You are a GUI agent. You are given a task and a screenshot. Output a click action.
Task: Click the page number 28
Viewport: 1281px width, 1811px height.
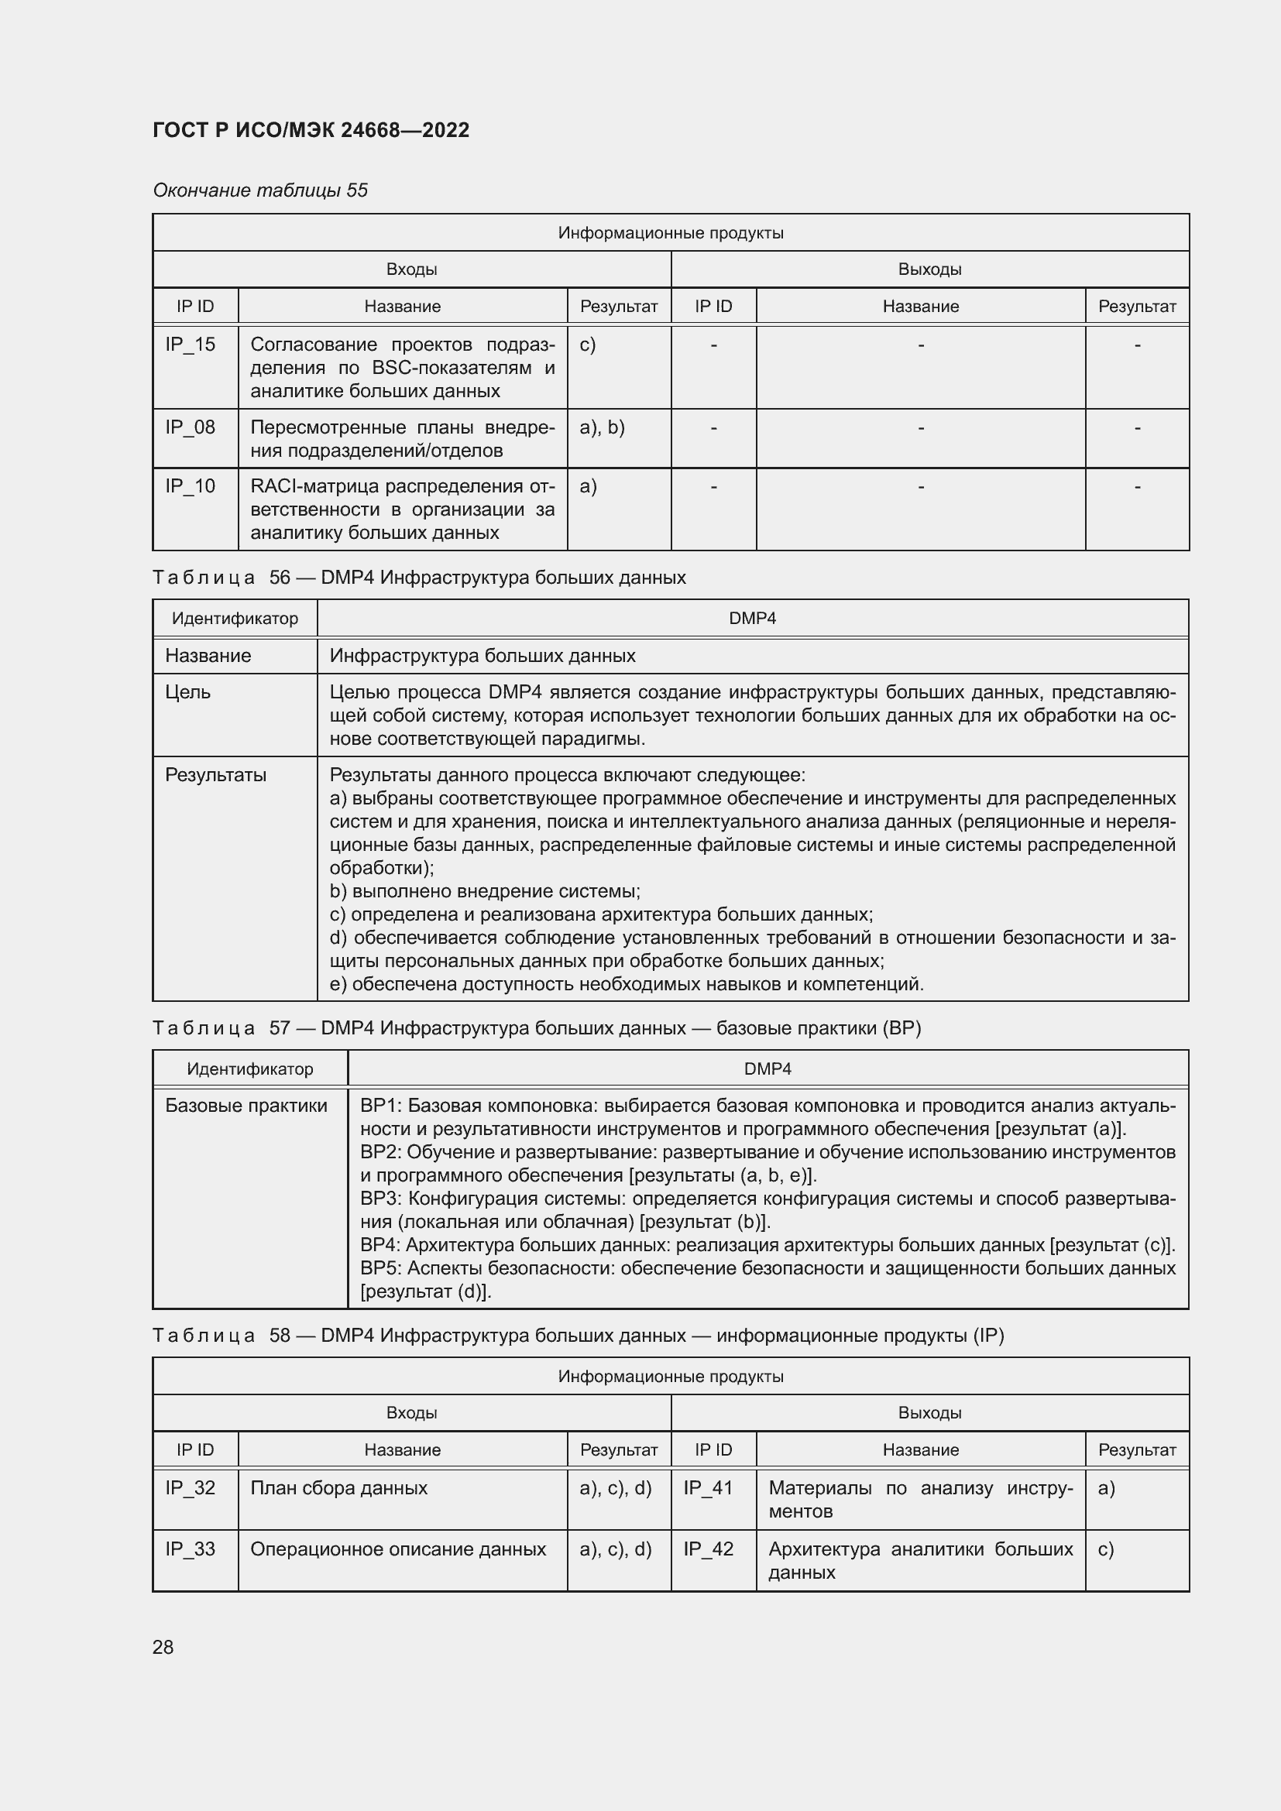click(x=163, y=1647)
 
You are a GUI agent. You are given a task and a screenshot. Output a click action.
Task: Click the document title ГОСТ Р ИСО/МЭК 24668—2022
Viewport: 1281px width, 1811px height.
click(x=311, y=130)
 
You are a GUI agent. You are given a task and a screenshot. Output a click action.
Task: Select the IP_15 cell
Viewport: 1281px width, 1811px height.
click(x=190, y=345)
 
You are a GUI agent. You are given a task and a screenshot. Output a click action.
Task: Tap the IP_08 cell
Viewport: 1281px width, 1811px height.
click(x=190, y=427)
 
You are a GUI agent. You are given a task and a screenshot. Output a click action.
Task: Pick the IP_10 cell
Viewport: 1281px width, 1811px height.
click(x=190, y=487)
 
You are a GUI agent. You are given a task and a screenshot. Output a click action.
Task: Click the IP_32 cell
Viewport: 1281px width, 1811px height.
click(x=190, y=1487)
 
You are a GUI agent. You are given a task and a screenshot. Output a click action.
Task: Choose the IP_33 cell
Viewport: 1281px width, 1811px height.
click(x=190, y=1549)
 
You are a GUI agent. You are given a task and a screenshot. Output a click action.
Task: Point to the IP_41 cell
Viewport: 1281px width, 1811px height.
click(x=709, y=1487)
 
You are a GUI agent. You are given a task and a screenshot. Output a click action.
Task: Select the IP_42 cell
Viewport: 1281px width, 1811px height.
click(x=709, y=1549)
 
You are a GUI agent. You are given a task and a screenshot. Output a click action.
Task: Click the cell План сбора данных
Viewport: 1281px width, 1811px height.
click(x=338, y=1487)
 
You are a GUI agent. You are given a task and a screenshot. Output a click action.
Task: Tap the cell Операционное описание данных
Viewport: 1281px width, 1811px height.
click(x=397, y=1549)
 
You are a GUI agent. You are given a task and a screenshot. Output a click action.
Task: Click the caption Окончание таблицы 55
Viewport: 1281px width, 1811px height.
click(x=260, y=190)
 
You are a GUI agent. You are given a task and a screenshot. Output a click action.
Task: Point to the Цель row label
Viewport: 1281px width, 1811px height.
click(x=187, y=692)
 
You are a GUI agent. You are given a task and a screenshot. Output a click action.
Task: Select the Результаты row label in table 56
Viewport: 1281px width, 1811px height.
click(x=215, y=775)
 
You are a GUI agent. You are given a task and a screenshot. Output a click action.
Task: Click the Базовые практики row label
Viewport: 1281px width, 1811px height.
click(x=246, y=1106)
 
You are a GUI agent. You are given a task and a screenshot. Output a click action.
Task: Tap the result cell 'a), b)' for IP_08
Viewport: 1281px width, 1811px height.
click(x=602, y=427)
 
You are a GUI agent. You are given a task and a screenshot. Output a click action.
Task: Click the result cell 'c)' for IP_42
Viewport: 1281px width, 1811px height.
click(x=1106, y=1549)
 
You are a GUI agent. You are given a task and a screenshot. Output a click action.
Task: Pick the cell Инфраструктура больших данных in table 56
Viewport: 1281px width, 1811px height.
click(x=482, y=656)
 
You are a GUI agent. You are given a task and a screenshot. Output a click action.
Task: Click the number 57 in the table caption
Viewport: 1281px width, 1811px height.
click(x=280, y=1027)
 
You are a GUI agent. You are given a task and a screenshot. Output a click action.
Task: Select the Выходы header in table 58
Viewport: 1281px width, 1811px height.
click(x=929, y=1413)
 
